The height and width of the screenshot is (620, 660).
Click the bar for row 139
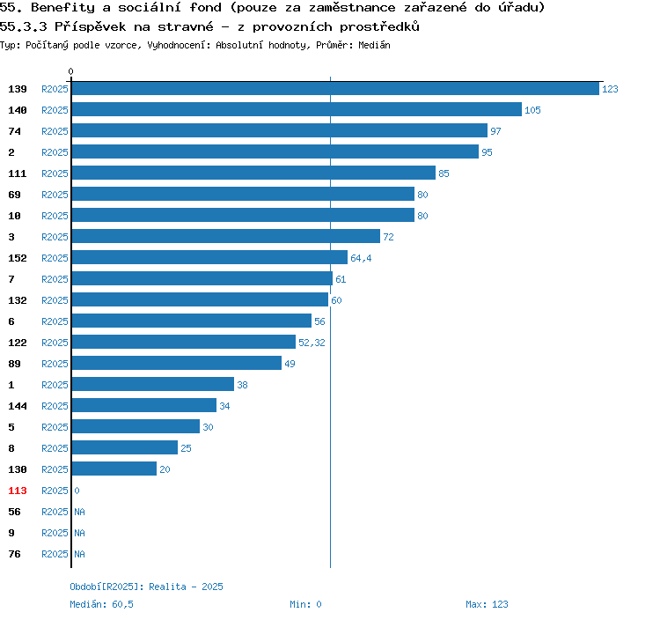point(334,89)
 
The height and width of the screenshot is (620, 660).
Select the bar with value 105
point(297,110)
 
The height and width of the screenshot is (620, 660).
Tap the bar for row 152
point(209,258)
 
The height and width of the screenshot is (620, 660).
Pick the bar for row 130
point(114,469)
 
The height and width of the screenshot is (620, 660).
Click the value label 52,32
point(312,343)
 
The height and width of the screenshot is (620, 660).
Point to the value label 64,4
point(361,258)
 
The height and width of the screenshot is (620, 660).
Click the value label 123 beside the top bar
point(610,89)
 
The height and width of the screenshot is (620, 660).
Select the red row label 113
point(18,491)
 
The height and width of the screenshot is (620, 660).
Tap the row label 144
point(18,406)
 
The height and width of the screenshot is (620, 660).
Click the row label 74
point(15,131)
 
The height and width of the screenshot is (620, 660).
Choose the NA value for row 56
point(79,512)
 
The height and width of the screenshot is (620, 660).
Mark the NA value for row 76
point(79,554)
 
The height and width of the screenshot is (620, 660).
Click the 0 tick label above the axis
point(71,71)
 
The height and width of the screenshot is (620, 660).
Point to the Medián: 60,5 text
point(101,604)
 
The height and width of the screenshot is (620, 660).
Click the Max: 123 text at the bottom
point(487,604)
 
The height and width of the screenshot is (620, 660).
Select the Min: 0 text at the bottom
point(305,604)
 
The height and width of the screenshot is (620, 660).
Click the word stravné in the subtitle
point(182,26)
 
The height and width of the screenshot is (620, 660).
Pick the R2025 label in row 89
point(55,364)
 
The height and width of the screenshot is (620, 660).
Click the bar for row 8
point(124,448)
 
